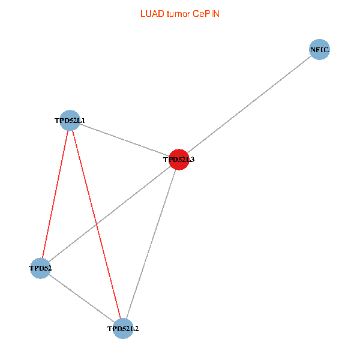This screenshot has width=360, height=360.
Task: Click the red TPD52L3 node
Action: tap(179, 160)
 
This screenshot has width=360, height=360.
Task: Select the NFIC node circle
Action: tap(320, 50)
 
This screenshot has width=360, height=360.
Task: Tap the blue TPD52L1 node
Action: tap(70, 120)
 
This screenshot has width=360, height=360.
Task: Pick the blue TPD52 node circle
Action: tap(40, 268)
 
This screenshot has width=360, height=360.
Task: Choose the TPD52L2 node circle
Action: tap(123, 328)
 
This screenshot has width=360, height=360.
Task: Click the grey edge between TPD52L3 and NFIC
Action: tap(249, 105)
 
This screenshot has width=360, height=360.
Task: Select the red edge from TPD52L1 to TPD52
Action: tap(55, 194)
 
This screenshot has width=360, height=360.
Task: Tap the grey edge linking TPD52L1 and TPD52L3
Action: tap(124, 140)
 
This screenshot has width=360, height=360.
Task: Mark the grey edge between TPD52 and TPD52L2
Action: tap(82, 298)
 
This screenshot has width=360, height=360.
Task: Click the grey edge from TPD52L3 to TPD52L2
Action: tap(151, 244)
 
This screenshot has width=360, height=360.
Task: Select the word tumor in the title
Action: tap(178, 13)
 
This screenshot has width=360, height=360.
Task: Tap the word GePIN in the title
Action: tap(206, 13)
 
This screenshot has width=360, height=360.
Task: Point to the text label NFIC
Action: tap(320, 50)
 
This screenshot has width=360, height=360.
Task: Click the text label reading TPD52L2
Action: tap(123, 329)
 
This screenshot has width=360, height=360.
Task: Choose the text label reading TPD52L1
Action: tap(70, 121)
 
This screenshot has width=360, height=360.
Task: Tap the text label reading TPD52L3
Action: tap(179, 160)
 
